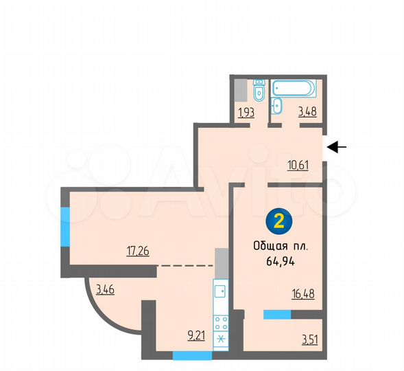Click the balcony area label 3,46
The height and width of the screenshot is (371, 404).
tap(105, 290)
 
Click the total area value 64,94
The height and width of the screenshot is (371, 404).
tap(279, 261)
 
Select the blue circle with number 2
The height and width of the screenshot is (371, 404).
tap(279, 221)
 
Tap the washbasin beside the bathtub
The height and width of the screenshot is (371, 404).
tap(276, 105)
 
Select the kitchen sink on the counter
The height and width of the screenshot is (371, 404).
tap(220, 291)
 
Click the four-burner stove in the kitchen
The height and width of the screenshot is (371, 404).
tap(220, 323)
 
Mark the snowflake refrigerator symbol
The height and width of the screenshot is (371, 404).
tap(220, 341)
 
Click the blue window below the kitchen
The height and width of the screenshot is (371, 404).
tap(192, 356)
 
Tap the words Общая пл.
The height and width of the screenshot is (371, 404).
tap(279, 246)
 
